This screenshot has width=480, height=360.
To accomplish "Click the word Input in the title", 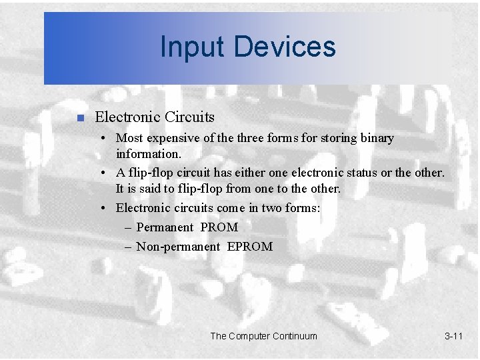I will point(186,47).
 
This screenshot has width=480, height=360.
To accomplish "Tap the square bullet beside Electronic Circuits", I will point(79,119).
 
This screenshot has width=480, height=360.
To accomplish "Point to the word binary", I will point(377,138).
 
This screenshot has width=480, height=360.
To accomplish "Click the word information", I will point(148,154).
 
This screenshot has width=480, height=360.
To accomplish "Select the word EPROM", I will point(250,247).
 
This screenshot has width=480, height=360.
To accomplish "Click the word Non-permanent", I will point(178,247).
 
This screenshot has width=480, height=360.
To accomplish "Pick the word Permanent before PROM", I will point(164,227).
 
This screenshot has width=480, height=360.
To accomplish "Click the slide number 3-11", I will point(453,336).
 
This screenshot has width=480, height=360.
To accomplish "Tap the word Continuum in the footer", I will point(294,336).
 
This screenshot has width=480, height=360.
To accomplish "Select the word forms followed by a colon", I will point(304,207).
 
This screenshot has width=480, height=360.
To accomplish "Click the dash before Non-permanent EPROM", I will point(128,247).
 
